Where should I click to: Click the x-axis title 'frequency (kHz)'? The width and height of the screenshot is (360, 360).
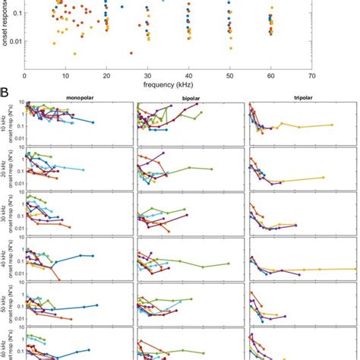click(168, 85)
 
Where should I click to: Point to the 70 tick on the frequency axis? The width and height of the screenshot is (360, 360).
click(311, 76)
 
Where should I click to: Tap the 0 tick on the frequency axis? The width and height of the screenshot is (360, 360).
click(25, 76)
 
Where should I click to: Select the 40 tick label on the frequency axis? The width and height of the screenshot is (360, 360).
click(188, 76)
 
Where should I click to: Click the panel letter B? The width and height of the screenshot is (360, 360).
click(5, 95)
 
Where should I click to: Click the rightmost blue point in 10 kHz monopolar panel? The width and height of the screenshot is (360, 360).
click(93, 122)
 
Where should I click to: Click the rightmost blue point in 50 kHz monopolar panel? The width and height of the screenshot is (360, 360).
click(97, 305)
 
